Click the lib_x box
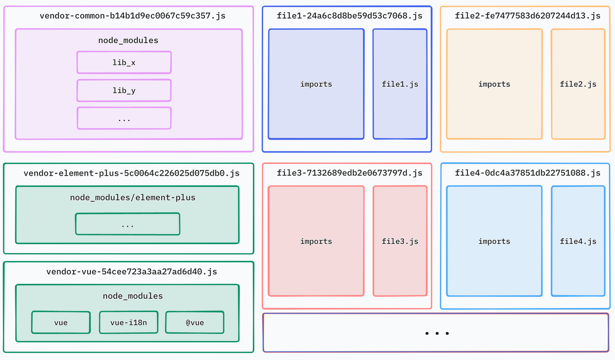[x=124, y=62]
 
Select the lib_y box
[x=124, y=91]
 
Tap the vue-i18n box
[x=128, y=323]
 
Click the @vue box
[x=195, y=323]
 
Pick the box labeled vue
[x=61, y=323]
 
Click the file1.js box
[x=400, y=84]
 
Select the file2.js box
[x=578, y=84]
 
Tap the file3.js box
[x=400, y=241]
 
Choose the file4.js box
[x=578, y=241]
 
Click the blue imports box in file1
[x=316, y=84]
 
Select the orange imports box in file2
[x=495, y=84]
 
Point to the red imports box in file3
[x=316, y=241]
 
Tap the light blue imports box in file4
[x=495, y=241]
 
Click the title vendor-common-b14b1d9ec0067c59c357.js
[x=132, y=16]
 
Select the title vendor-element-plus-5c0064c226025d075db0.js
[x=132, y=174]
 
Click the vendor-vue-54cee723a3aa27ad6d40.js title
[x=132, y=272]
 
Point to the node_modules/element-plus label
[x=133, y=197]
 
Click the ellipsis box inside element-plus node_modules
[x=128, y=224]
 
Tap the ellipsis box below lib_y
[x=124, y=118]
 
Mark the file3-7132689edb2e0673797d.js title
[x=350, y=173]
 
